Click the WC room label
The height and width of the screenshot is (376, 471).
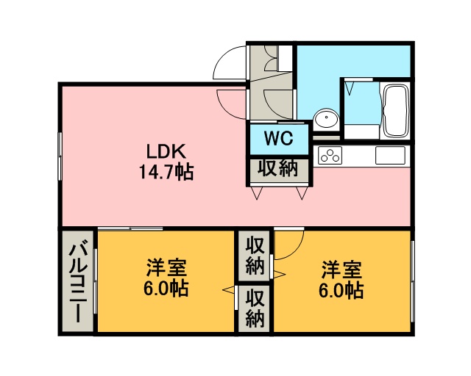pyautogui.click(x=278, y=139)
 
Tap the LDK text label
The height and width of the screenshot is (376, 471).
pyautogui.click(x=166, y=152)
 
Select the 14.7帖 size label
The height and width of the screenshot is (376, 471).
pyautogui.click(x=166, y=172)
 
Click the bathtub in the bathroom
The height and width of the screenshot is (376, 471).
pyautogui.click(x=395, y=110)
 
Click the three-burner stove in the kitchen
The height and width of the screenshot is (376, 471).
pyautogui.click(x=330, y=155)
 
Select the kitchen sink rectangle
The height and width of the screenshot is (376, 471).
pyautogui.click(x=390, y=156)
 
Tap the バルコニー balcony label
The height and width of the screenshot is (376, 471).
pyautogui.click(x=78, y=283)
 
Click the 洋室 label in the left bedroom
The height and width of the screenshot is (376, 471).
pyautogui.click(x=166, y=268)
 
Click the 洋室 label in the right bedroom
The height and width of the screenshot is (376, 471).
pyautogui.click(x=341, y=270)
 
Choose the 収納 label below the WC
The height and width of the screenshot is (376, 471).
pyautogui.click(x=278, y=168)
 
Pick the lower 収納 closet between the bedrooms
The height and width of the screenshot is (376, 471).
pyautogui.click(x=255, y=308)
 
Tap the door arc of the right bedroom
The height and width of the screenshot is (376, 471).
pyautogui.click(x=297, y=250)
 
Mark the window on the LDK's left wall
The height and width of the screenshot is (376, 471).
pyautogui.click(x=60, y=156)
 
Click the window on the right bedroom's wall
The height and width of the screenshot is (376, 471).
pyautogui.click(x=413, y=281)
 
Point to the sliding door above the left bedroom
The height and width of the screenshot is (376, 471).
pyautogui.click(x=130, y=229)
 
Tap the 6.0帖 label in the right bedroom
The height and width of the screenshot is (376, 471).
pyautogui.click(x=341, y=290)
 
